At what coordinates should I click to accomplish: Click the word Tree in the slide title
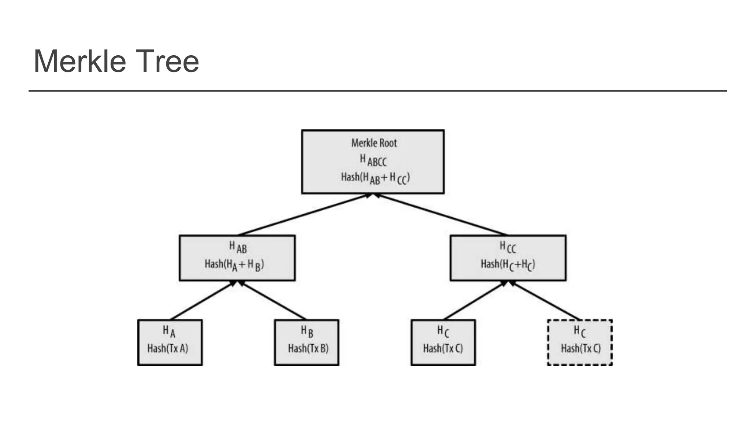coord(167,61)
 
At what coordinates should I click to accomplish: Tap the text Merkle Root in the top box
coord(374,143)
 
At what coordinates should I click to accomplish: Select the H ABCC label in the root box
coord(373,160)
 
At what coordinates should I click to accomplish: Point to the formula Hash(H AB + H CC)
coord(375,178)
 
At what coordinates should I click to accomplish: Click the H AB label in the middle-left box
coord(238,247)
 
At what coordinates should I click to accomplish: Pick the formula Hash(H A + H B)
coord(234,264)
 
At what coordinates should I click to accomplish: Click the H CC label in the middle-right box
coord(508,247)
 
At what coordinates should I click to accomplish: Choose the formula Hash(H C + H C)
coord(508,264)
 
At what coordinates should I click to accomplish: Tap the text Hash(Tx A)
coord(168,348)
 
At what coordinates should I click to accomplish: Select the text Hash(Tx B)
coord(308,348)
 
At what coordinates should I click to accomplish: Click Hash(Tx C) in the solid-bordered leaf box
coord(443,348)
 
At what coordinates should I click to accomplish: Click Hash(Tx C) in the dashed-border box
coord(581,348)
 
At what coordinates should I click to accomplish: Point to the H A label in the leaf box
coord(169,332)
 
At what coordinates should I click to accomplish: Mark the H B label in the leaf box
coord(307,332)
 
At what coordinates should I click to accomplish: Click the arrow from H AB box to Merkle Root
coord(304,215)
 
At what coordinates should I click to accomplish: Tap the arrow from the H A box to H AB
coord(201,301)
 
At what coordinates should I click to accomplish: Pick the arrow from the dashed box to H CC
coord(546,301)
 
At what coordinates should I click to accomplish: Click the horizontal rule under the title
coord(377,90)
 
